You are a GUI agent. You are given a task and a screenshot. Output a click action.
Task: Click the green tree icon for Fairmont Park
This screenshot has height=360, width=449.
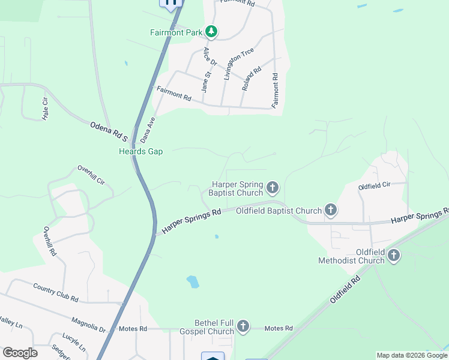(211, 31)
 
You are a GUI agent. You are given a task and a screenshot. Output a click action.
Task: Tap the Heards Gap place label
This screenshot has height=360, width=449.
(140, 152)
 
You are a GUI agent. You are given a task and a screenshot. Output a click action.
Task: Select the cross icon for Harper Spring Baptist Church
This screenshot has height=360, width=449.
(273, 188)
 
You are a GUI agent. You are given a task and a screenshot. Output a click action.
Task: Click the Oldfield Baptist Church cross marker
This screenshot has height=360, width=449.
(330, 210)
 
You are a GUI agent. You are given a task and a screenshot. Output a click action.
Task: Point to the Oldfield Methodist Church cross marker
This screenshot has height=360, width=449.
(394, 256)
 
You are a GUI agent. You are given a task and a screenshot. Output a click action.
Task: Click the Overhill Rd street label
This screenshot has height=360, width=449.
(50, 241)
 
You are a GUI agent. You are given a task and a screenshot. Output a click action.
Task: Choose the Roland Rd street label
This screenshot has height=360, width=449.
(252, 79)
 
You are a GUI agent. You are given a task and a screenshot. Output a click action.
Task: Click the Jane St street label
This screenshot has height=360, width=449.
(205, 82)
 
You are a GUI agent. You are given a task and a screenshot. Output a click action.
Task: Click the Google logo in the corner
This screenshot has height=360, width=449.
(20, 353)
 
